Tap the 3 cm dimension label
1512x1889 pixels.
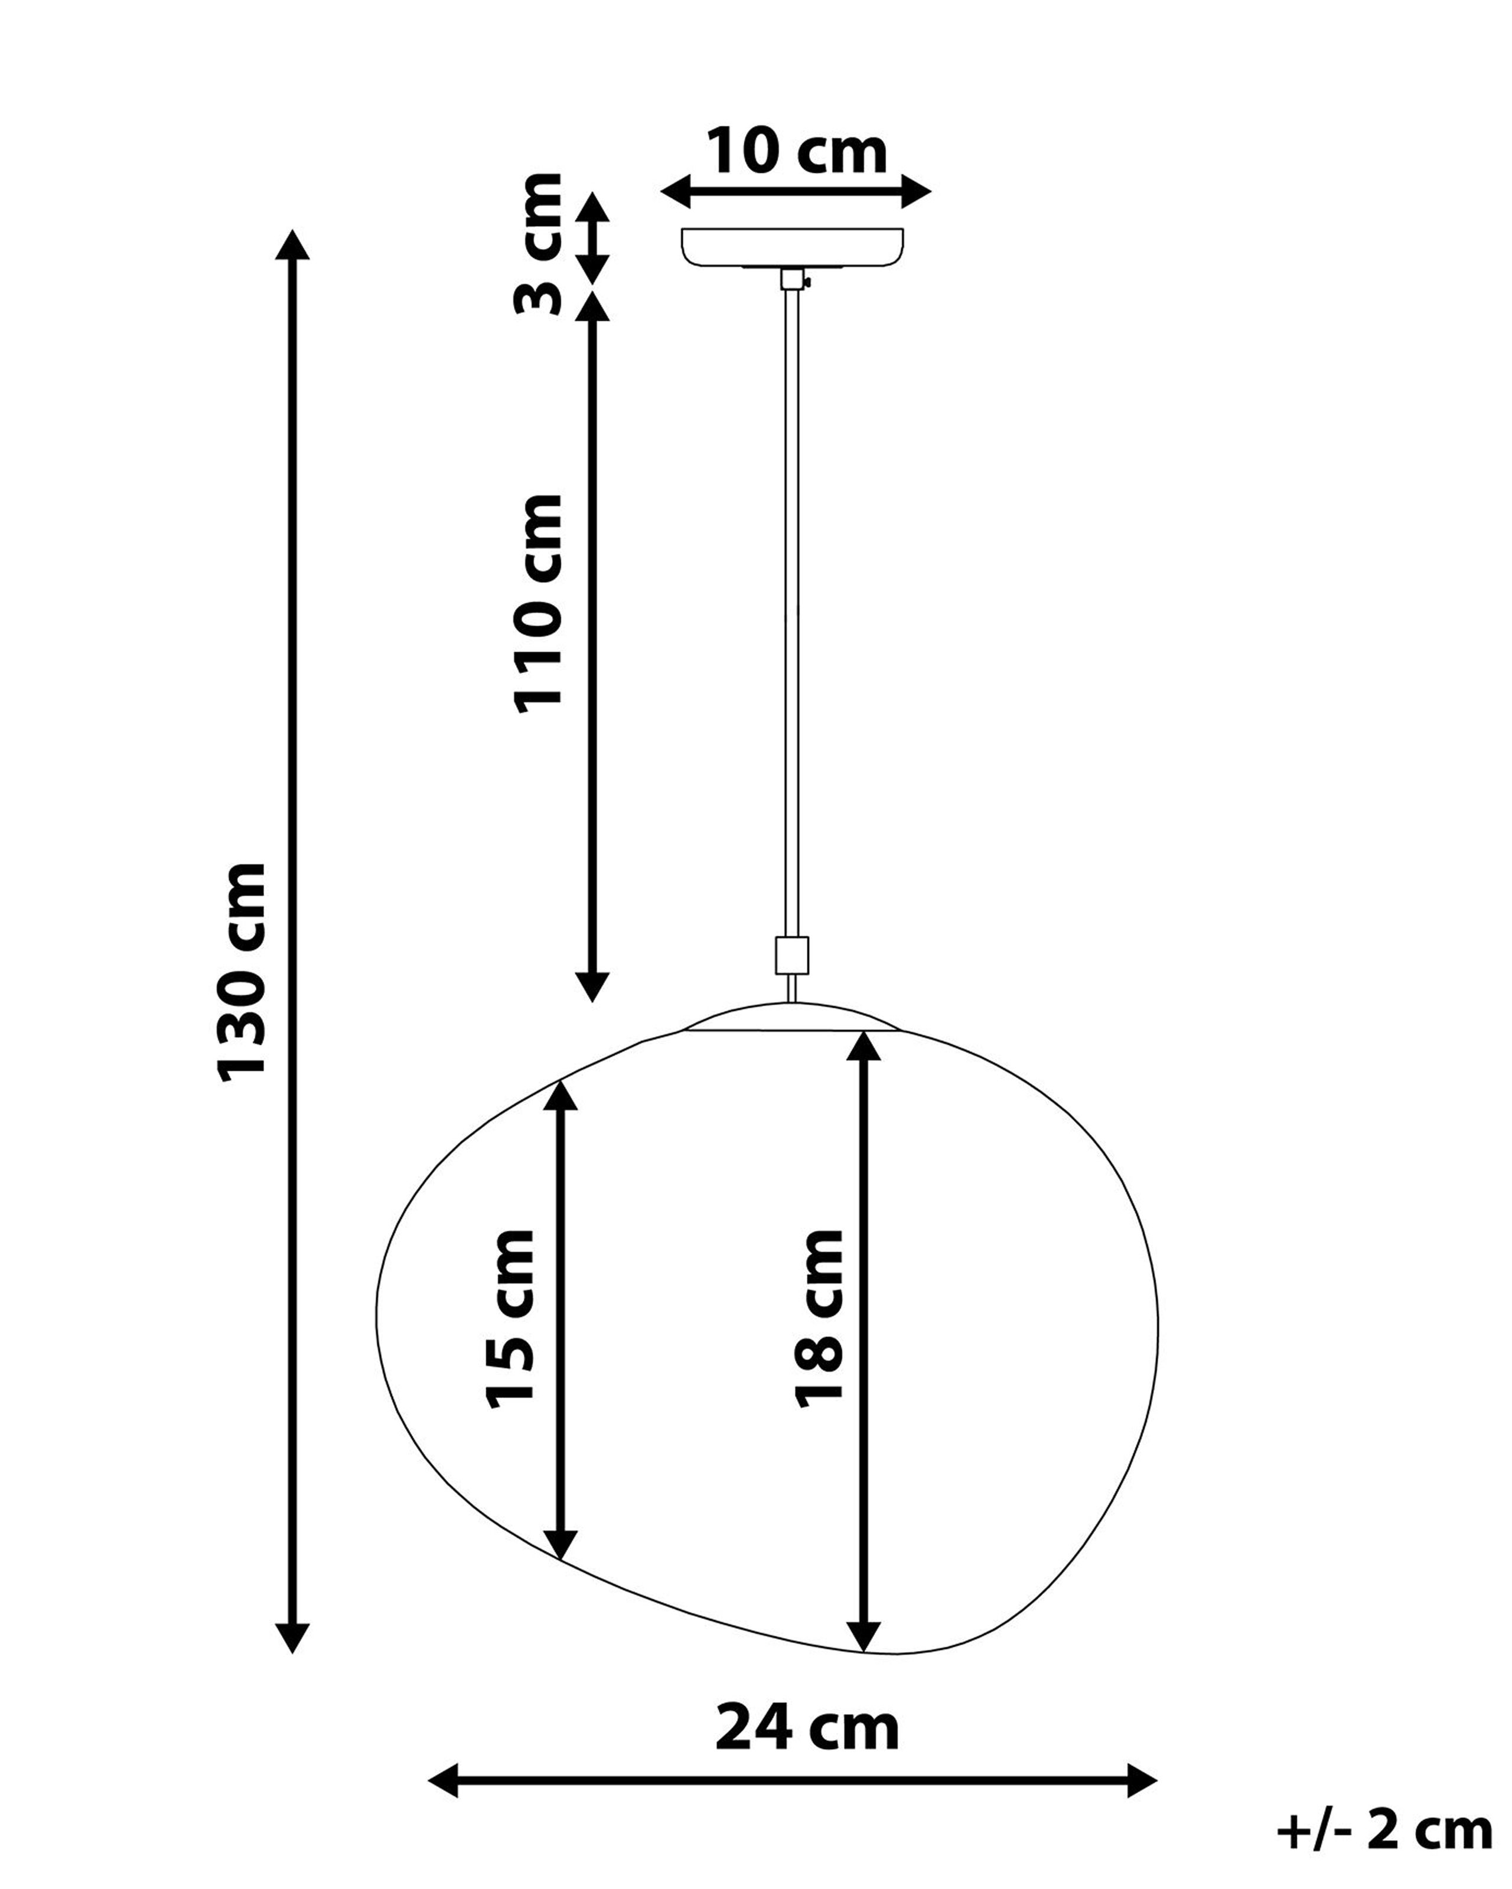(x=537, y=244)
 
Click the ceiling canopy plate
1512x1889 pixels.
(x=793, y=247)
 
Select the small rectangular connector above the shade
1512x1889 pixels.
(x=791, y=956)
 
